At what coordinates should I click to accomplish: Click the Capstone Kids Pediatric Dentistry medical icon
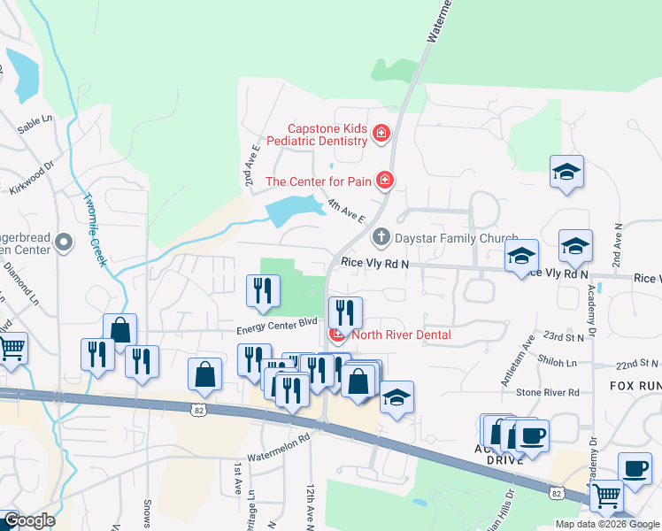pos(381,134)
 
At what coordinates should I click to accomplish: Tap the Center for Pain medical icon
pos(385,181)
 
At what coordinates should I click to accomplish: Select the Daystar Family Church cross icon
pos(381,237)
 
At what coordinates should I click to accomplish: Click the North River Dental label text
pos(401,335)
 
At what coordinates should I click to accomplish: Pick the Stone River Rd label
pos(548,392)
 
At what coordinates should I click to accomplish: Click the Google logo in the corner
pos(28,520)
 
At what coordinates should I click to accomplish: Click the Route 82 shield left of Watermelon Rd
pos(198,409)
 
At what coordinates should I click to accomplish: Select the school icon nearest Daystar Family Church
pos(522,256)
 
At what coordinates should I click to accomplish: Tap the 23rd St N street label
pos(565,336)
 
